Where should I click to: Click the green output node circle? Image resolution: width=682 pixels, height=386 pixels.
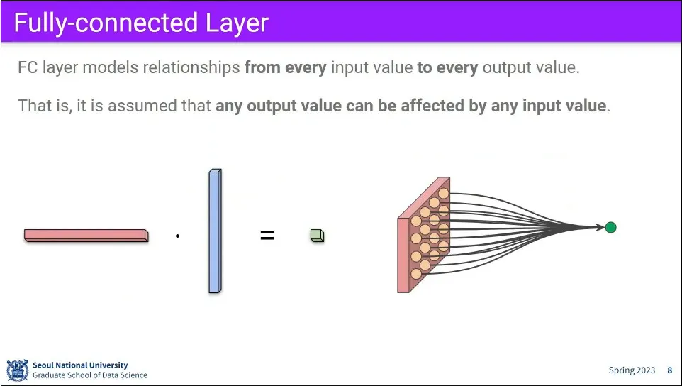pyautogui.click(x=610, y=227)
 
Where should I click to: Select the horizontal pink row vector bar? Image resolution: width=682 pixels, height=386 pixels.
pyautogui.click(x=86, y=236)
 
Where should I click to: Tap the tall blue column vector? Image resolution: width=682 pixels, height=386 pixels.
pyautogui.click(x=215, y=231)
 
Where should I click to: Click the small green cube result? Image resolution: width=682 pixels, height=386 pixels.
pyautogui.click(x=317, y=236)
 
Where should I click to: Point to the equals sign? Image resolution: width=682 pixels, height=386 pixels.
pyautogui.click(x=267, y=236)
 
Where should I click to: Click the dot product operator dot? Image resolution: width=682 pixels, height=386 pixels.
pyautogui.click(x=177, y=236)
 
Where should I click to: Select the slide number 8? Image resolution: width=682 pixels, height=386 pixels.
pyautogui.click(x=670, y=370)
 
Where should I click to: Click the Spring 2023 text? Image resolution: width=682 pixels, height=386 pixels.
pyautogui.click(x=632, y=370)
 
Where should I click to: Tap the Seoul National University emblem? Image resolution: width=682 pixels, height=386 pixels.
pyautogui.click(x=18, y=370)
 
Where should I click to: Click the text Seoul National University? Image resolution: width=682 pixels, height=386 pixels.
pyautogui.click(x=80, y=365)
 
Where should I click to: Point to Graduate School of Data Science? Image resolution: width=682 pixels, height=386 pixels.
pyautogui.click(x=89, y=375)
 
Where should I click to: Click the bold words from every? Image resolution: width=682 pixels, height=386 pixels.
pyautogui.click(x=285, y=67)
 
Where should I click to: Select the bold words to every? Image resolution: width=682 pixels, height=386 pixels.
pyautogui.click(x=447, y=67)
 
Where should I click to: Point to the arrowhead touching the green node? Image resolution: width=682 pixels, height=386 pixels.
pyautogui.click(x=601, y=227)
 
